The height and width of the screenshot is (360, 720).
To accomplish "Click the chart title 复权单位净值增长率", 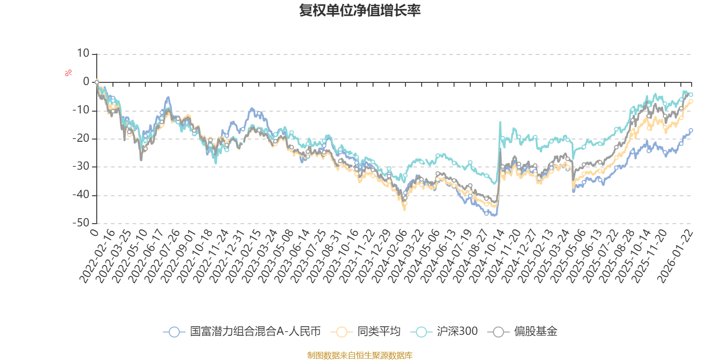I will (x=360, y=10).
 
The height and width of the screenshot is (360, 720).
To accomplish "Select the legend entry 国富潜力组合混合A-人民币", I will (x=242, y=332).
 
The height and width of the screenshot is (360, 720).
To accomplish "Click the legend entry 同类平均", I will (x=365, y=332).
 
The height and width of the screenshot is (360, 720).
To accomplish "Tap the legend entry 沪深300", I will (x=444, y=332).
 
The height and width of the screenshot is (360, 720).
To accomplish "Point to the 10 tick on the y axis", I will (x=83, y=54).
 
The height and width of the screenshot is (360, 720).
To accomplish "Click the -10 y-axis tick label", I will (x=81, y=110).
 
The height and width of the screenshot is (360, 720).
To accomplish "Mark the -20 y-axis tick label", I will (x=81, y=139).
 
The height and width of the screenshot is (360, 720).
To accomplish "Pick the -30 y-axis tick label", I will (x=81, y=166).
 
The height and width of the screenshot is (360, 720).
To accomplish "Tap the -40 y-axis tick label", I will (x=81, y=195).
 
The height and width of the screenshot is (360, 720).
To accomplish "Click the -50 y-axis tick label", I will (x=81, y=223).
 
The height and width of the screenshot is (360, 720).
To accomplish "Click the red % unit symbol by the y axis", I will (x=68, y=73).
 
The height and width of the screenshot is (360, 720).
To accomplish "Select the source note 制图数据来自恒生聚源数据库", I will (x=360, y=355).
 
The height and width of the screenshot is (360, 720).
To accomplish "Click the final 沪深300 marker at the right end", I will (x=691, y=94).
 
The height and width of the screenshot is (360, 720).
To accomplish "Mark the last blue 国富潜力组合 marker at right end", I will (x=691, y=130).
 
